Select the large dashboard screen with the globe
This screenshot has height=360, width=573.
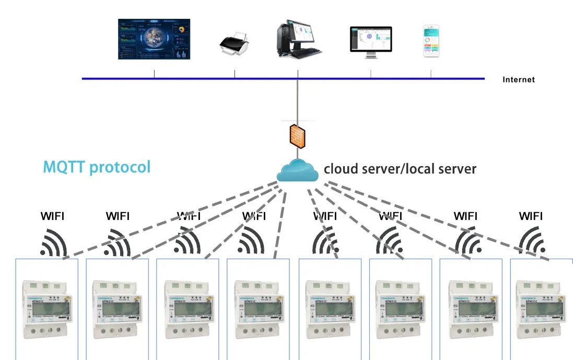coord(154,39)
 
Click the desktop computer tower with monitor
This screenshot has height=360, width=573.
coord(298,38)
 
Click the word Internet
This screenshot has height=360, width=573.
coord(518,80)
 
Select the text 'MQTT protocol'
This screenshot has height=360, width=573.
coord(97,167)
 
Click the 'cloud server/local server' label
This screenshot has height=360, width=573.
coord(400,169)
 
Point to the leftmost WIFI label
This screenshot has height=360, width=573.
coord(53,216)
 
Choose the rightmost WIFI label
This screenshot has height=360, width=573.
coord(531,216)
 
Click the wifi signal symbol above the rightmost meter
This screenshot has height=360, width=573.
coord(532,241)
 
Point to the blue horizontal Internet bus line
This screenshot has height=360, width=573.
coord(209,79)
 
